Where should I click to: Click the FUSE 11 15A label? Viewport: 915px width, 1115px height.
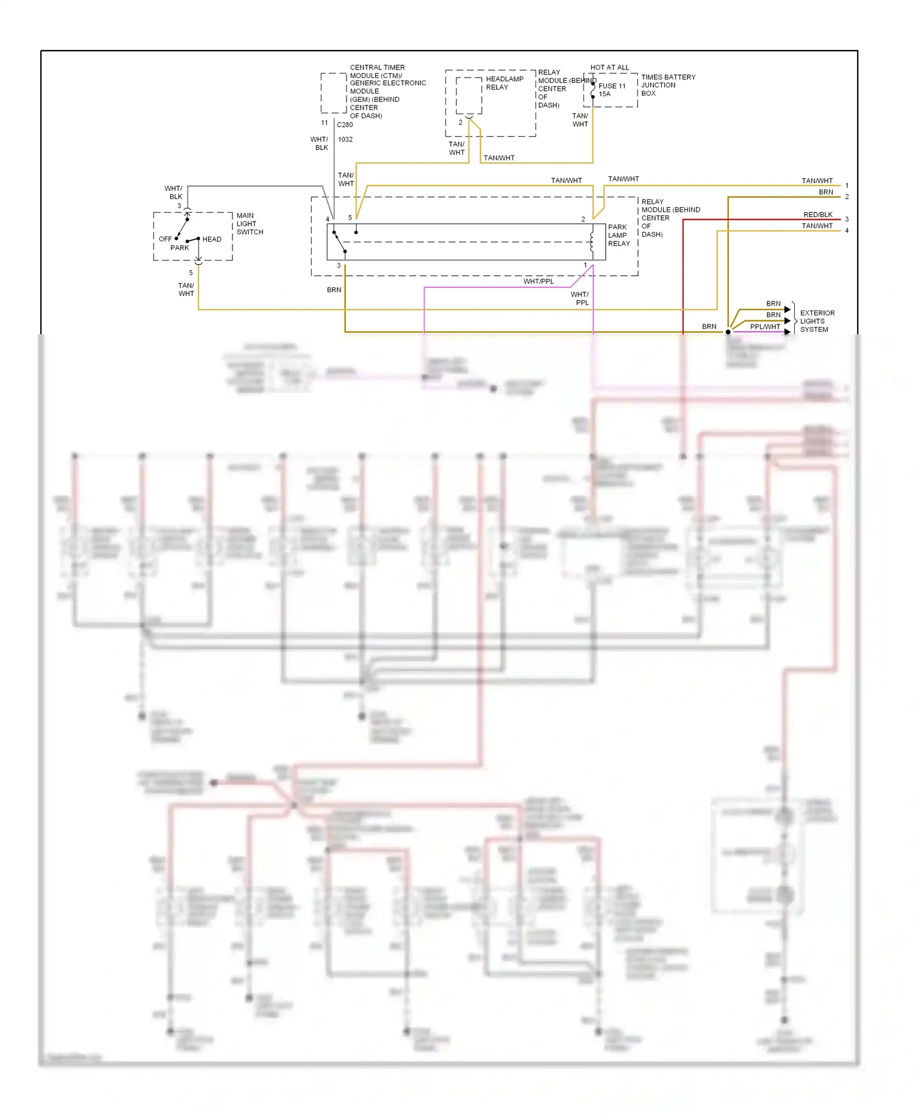pyautogui.click(x=611, y=90)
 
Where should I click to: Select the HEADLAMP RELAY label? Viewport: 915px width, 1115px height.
pyautogui.click(x=504, y=83)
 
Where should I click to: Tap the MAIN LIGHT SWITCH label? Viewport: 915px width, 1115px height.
pyautogui.click(x=249, y=224)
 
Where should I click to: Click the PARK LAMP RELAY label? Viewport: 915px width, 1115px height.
pyautogui.click(x=619, y=235)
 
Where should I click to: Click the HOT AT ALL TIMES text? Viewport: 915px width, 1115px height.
pyautogui.click(x=609, y=68)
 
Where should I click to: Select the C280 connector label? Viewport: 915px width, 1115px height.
pyautogui.click(x=345, y=124)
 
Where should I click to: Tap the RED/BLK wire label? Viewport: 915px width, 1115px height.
pyautogui.click(x=817, y=215)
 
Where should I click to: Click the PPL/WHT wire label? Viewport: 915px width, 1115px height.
pyautogui.click(x=764, y=327)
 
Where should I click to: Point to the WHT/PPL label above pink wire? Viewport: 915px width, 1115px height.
pyautogui.click(x=538, y=281)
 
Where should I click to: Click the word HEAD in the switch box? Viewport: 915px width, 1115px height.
pyautogui.click(x=212, y=239)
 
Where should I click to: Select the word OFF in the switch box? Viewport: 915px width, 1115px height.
pyautogui.click(x=165, y=239)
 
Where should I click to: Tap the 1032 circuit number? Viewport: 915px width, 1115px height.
pyautogui.click(x=345, y=139)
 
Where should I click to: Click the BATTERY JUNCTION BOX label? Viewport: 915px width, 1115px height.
pyautogui.click(x=667, y=85)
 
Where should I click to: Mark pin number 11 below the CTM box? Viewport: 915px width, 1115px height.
pyautogui.click(x=325, y=123)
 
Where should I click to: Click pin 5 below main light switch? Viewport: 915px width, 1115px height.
pyautogui.click(x=191, y=273)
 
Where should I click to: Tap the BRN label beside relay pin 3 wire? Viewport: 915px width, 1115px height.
pyautogui.click(x=334, y=290)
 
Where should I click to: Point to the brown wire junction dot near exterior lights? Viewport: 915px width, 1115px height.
pyautogui.click(x=728, y=332)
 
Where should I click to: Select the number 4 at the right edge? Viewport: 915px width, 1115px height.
pyautogui.click(x=847, y=231)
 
